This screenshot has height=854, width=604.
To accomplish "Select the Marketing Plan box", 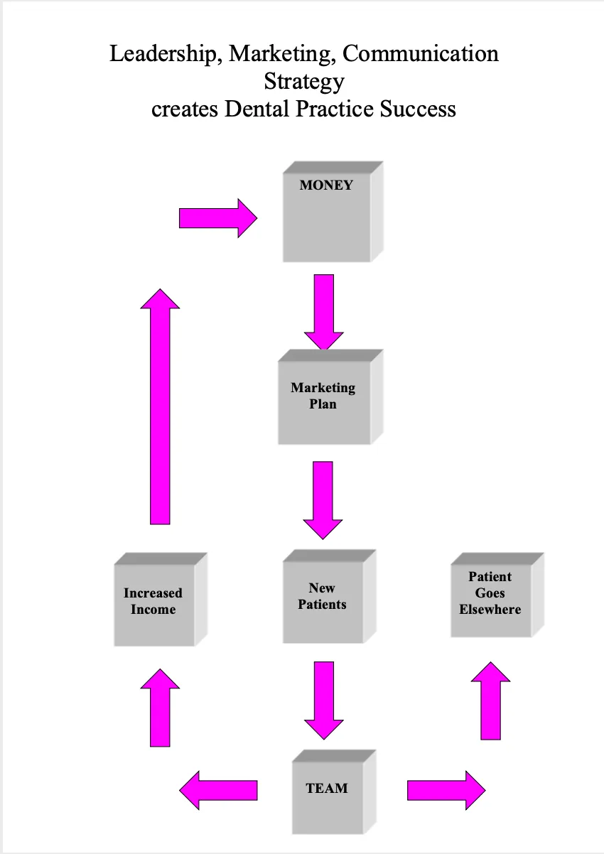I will pyautogui.click(x=323, y=401).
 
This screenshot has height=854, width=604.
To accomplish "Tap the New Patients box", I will pyautogui.click(x=323, y=600).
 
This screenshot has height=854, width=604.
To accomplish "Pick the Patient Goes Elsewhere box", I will pyautogui.click(x=490, y=597).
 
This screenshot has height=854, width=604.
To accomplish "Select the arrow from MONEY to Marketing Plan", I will pyautogui.click(x=323, y=311).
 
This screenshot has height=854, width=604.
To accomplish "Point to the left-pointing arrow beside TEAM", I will pyautogui.click(x=217, y=789).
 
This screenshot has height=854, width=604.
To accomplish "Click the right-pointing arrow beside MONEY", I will pyautogui.click(x=217, y=217).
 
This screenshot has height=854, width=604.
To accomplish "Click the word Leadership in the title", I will pyautogui.click(x=162, y=54).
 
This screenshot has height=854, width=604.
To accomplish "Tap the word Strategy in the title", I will pyautogui.click(x=303, y=82).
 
